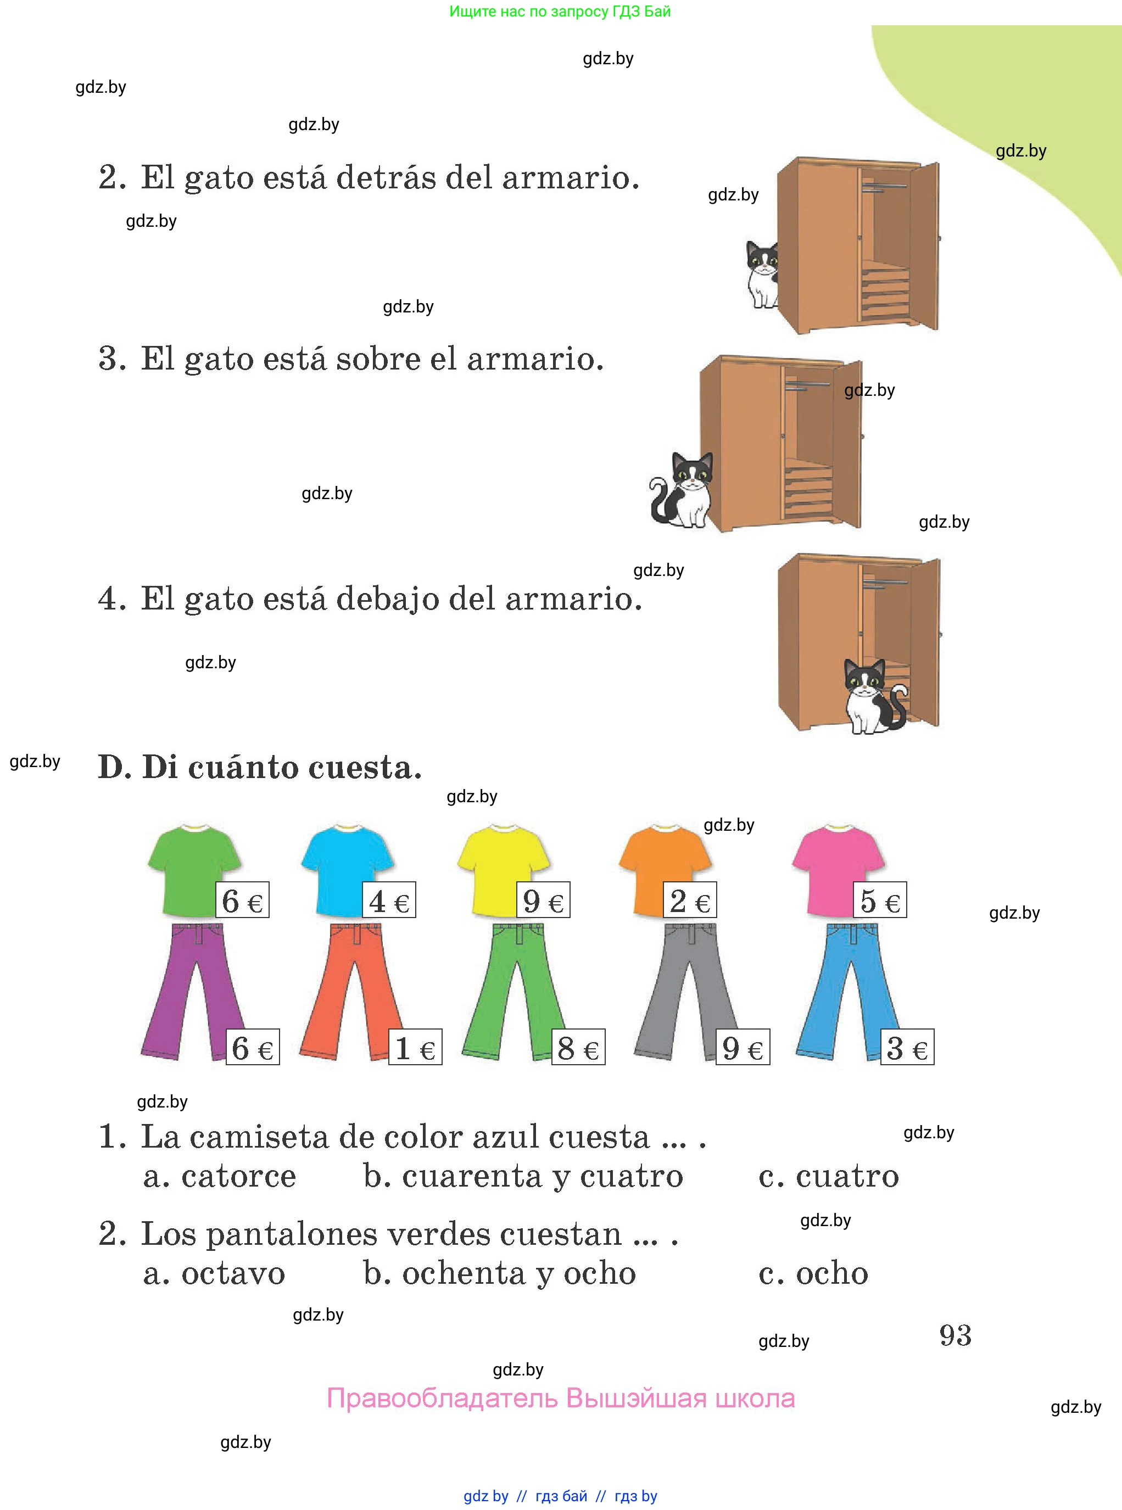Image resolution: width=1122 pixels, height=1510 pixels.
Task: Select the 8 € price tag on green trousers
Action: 578,1047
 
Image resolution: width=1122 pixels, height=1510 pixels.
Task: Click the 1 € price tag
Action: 415,1047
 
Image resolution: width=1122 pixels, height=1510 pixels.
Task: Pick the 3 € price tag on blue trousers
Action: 907,1047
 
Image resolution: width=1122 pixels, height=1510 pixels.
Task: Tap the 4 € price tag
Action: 388,901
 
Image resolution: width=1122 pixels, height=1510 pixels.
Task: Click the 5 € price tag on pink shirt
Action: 880,901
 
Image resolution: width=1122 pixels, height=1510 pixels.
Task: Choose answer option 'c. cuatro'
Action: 829,1176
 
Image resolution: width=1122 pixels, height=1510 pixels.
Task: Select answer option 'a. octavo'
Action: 214,1273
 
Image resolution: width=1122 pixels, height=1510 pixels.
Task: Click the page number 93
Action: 955,1335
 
